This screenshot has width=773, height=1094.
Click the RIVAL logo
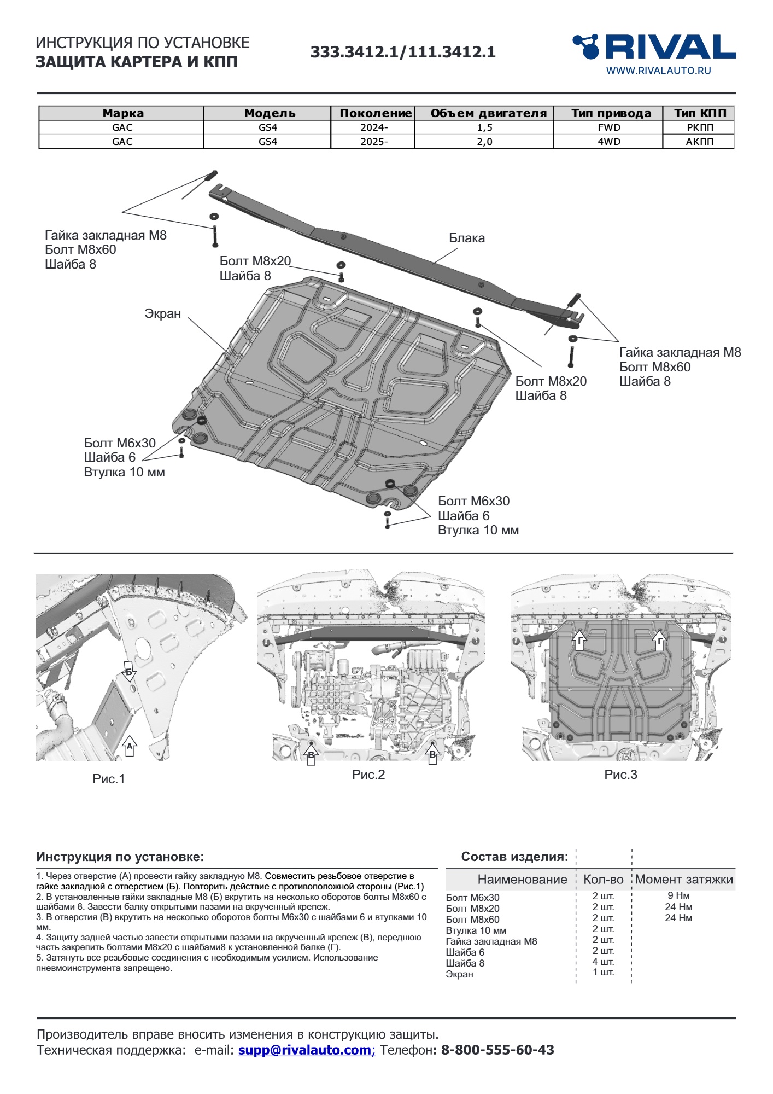click(x=654, y=47)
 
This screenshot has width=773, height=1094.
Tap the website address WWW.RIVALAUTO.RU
click(x=658, y=71)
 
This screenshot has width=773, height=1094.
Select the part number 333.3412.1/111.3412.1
click(x=403, y=53)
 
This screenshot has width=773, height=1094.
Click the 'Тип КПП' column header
click(x=700, y=113)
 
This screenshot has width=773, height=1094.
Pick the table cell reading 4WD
click(x=608, y=142)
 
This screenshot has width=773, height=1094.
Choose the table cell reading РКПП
click(x=700, y=127)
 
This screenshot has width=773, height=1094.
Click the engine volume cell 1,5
click(x=484, y=127)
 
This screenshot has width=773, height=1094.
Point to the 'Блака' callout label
click(x=467, y=238)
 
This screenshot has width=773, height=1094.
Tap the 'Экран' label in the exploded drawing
click(x=162, y=314)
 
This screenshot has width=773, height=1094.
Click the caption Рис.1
click(x=109, y=779)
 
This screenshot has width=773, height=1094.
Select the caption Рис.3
click(x=620, y=775)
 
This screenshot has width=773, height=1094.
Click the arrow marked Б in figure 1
click(x=130, y=673)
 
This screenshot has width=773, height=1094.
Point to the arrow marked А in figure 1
click(x=130, y=746)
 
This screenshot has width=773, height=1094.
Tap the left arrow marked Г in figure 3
click(x=579, y=640)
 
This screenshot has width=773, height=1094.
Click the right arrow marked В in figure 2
click(x=432, y=755)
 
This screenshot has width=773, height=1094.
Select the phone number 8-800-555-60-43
click(x=497, y=1050)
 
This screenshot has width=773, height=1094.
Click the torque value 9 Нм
click(x=678, y=895)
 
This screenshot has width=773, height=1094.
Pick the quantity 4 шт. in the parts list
click(x=603, y=962)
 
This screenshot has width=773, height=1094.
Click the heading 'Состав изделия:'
click(x=514, y=857)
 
